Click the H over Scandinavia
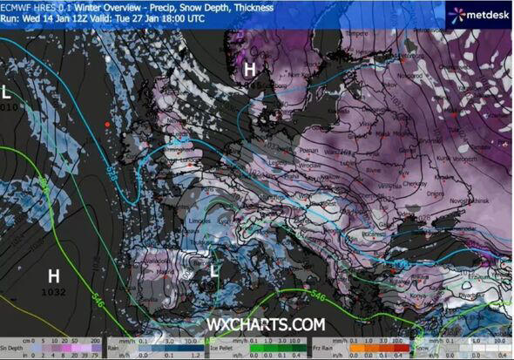(250, 69)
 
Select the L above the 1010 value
(6, 92)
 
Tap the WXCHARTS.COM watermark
(266, 323)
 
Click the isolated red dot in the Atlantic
(107, 125)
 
